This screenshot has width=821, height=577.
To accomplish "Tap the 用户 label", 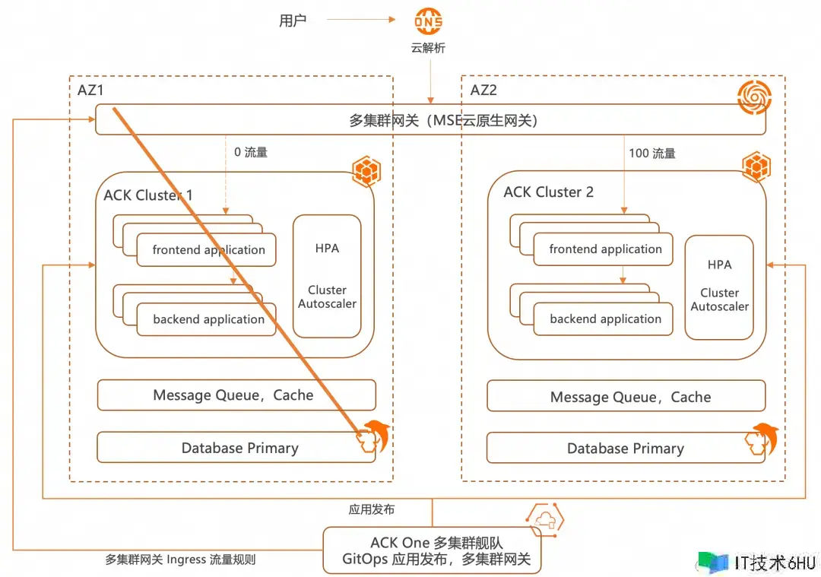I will coord(293,21).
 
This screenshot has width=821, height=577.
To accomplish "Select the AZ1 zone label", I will coord(90,90).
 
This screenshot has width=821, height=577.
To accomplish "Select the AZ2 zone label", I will coord(483,90).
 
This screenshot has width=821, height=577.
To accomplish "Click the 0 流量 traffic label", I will coord(251,152).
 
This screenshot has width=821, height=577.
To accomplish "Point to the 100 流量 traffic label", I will coord(652,153).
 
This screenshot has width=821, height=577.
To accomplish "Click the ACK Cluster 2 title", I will coord(548,192).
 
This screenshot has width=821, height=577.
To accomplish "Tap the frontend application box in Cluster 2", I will coord(605,249).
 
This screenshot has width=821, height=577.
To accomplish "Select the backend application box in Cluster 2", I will coord(605,319).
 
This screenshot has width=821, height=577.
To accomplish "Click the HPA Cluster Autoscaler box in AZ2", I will coord(719,287).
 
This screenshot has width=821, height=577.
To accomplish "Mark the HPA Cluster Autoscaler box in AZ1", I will coord(327,277).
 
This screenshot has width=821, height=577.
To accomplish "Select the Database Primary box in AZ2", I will coord(626,449).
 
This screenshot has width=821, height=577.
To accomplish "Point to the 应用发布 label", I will coord(372,509).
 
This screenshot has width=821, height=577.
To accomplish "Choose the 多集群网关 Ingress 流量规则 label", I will coord(180,560).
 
